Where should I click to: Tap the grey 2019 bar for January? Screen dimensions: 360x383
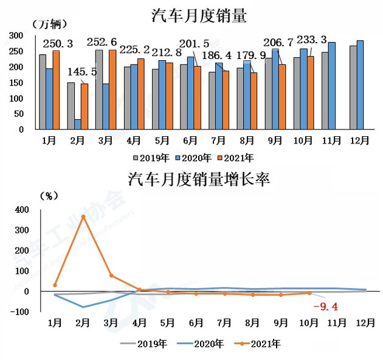tap(43, 92)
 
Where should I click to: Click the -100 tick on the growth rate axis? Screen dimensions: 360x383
tap(19, 312)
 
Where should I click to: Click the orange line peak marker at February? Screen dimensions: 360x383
tap(83, 216)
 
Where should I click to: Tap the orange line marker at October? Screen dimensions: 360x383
tap(309, 293)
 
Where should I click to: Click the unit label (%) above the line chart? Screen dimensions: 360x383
tap(48, 195)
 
